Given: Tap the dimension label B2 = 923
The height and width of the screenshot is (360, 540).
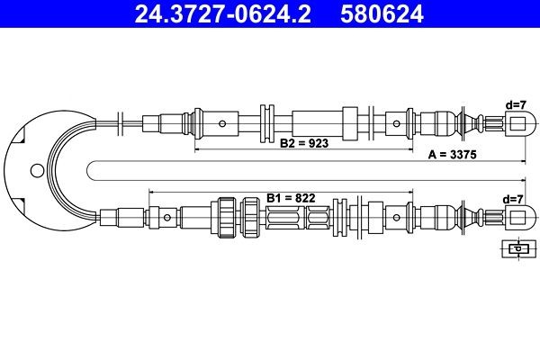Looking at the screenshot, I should click(304, 142).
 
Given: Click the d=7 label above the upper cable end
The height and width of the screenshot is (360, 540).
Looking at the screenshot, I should click(516, 105).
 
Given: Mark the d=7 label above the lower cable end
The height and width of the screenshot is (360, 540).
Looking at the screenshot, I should click(516, 198).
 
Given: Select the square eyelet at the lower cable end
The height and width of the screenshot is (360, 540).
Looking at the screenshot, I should click(517, 216).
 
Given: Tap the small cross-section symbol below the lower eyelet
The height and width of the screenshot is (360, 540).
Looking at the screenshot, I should click(516, 248).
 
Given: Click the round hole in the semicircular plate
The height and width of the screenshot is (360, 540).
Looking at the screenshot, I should click(36, 168).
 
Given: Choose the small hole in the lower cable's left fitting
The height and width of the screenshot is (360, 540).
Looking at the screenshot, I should click(167, 216).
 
